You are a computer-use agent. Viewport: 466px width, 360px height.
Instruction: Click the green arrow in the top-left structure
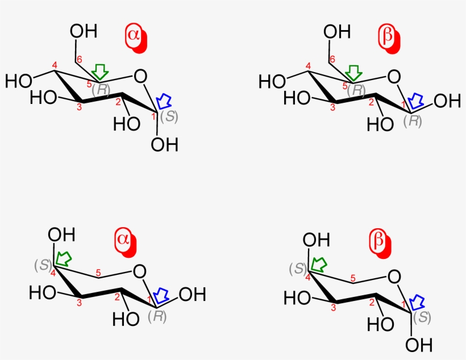(100, 72)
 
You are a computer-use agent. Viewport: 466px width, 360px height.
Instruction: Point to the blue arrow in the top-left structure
(164, 101)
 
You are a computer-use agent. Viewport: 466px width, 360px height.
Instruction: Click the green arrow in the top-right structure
(353, 73)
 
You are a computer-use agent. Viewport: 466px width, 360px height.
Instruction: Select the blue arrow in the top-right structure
(416, 101)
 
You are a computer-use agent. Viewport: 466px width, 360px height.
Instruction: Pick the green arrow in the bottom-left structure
(63, 259)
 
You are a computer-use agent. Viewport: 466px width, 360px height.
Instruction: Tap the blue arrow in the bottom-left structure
(161, 295)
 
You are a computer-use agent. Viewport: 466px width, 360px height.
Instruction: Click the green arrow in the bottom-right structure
(318, 264)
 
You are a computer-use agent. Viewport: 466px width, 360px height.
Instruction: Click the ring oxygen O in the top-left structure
(140, 76)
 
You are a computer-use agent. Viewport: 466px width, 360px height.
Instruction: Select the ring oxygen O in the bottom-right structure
(394, 277)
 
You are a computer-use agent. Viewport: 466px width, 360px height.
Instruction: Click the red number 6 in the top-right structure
(332, 60)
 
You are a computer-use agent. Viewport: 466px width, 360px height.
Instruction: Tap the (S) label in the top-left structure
(169, 117)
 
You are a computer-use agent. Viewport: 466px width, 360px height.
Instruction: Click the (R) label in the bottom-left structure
(157, 316)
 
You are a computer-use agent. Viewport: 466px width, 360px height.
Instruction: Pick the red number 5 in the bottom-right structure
(353, 278)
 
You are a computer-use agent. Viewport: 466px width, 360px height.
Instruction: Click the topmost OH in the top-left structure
(84, 31)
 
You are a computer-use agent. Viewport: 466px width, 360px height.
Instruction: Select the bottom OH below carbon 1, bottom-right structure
(419, 345)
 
